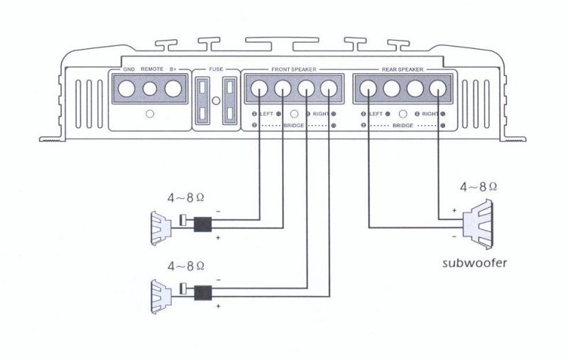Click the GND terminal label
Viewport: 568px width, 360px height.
129,69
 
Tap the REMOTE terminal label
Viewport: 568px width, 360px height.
152,69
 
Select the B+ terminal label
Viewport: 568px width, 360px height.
174,69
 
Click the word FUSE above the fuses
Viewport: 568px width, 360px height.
217,69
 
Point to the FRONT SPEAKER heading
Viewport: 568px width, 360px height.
293,69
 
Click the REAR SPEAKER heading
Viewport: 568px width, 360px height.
402,69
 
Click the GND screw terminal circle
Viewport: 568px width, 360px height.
128,89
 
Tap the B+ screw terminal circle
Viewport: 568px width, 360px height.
173,89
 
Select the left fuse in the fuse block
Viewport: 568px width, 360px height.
204,101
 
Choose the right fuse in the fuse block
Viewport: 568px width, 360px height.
229,101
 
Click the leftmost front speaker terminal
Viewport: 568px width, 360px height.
259,89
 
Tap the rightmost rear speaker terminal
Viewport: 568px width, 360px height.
437,89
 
